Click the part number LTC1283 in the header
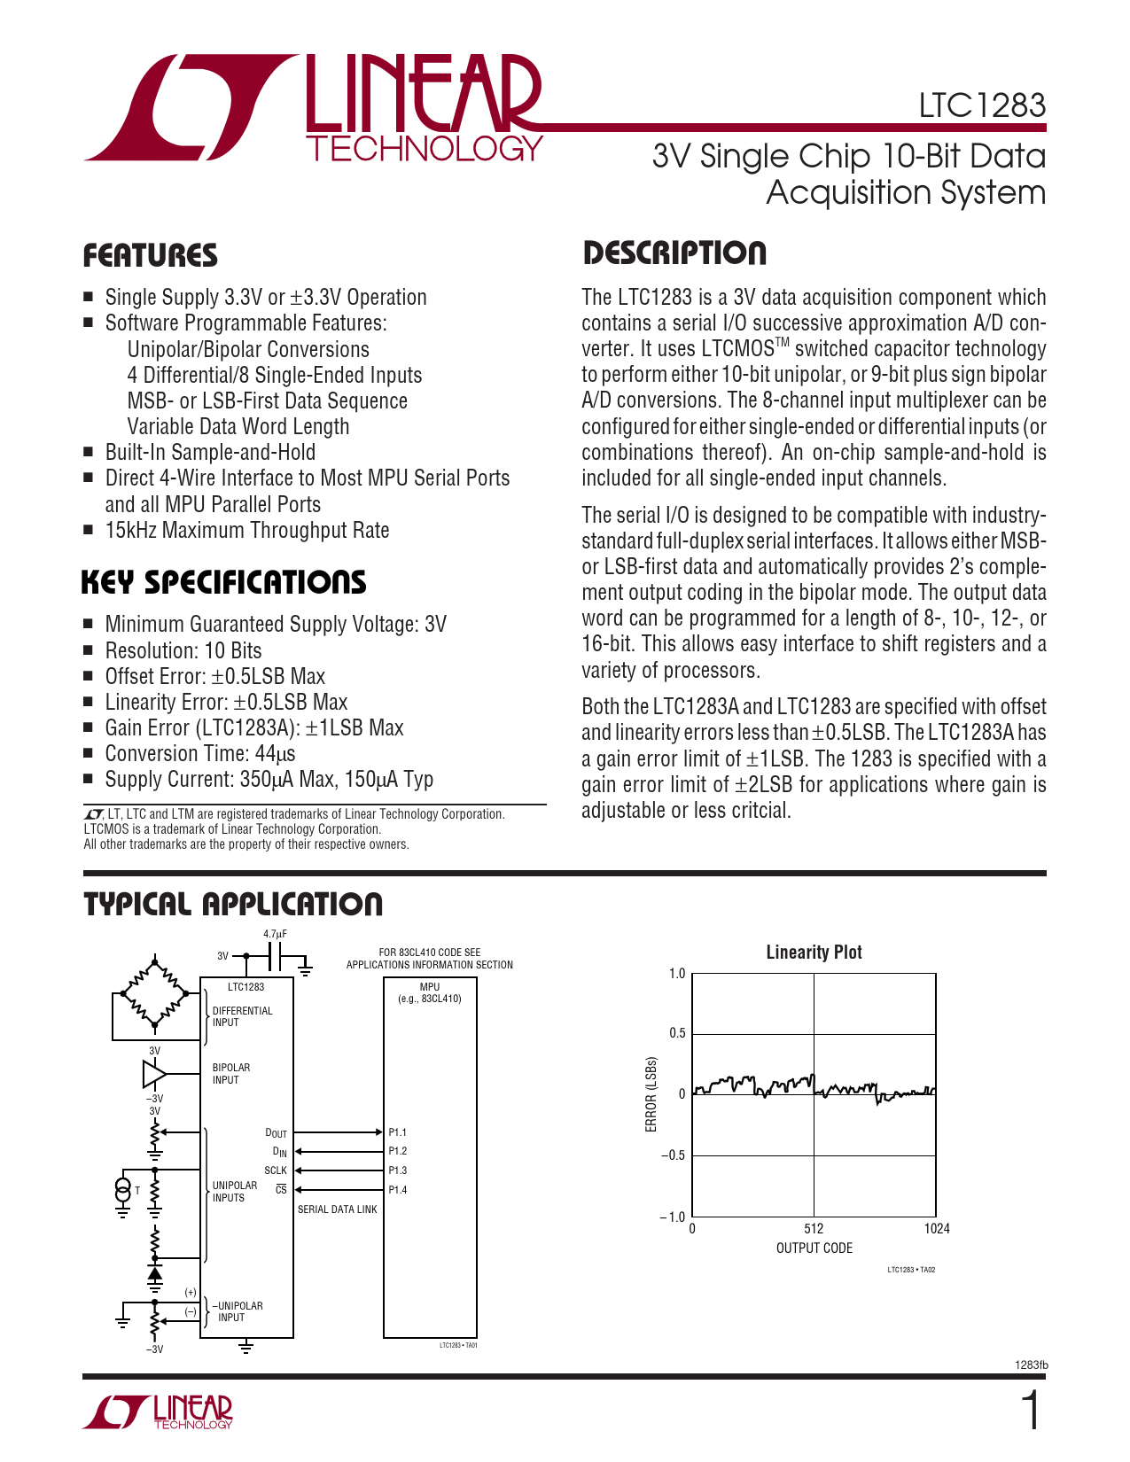click(981, 106)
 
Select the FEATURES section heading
click(150, 256)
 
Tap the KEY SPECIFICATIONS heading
click(223, 583)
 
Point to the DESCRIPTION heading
click(674, 253)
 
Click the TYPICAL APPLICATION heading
click(233, 905)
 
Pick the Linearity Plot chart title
click(814, 953)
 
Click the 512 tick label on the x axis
click(814, 1228)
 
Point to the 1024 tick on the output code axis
click(936, 1228)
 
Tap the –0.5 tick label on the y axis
click(673, 1155)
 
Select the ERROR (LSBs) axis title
click(651, 1094)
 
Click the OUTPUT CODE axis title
click(814, 1248)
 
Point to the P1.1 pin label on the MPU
click(398, 1132)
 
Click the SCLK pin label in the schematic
click(276, 1170)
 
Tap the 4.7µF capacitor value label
click(275, 934)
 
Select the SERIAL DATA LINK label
click(337, 1209)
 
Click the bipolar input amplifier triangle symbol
click(154, 1074)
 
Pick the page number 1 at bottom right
click(1031, 1411)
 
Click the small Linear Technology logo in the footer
click(160, 1411)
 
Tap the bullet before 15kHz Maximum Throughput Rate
click(88, 531)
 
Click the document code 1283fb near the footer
click(1031, 1365)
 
